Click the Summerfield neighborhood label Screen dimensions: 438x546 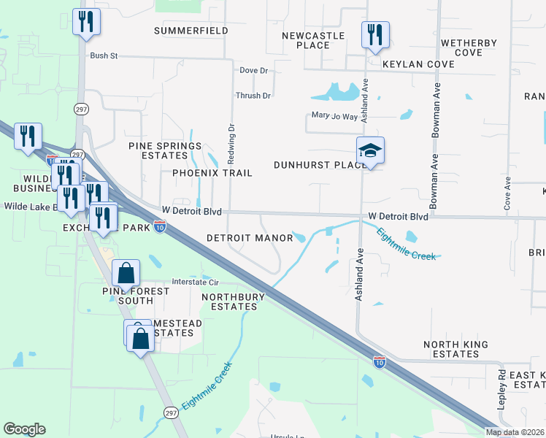[191, 31]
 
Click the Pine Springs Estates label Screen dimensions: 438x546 [165, 150]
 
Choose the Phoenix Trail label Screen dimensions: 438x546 [212, 173]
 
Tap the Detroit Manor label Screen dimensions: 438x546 [249, 238]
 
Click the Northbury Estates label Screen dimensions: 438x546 [230, 301]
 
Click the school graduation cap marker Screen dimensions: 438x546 [370, 151]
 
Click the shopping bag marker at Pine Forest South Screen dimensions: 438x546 [126, 273]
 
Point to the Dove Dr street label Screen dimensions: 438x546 [254, 71]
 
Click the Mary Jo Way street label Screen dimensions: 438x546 [334, 116]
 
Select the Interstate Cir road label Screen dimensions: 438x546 [195, 282]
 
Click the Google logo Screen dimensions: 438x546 [24, 429]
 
